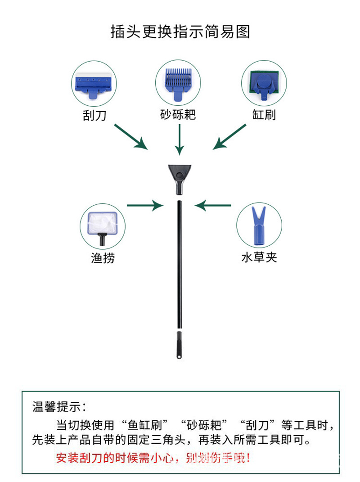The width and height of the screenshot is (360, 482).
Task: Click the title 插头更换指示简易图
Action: tap(180, 32)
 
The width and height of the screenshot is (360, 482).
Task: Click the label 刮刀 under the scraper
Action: tap(94, 115)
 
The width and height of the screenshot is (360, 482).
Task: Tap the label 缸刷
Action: tap(264, 115)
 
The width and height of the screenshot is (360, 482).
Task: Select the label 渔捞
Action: tap(103, 258)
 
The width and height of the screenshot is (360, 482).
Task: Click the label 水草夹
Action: tap(259, 257)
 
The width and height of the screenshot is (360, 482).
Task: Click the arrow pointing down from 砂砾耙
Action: tap(180, 140)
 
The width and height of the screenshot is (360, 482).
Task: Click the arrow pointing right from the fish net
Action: tap(145, 206)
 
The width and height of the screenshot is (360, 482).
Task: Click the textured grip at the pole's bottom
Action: tap(179, 345)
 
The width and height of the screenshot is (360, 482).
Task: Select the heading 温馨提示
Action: tap(58, 408)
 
